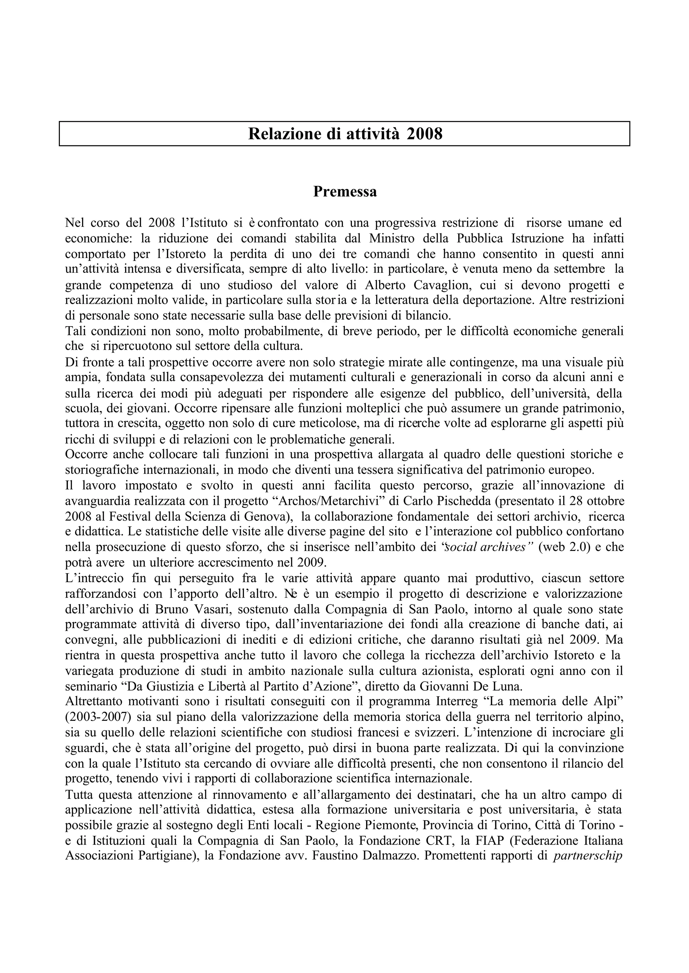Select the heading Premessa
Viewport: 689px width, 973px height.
[344, 192]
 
